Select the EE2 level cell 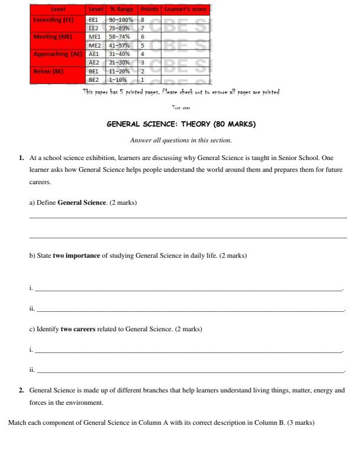coord(93,27)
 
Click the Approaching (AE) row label coord(58,54)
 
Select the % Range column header coord(122,9)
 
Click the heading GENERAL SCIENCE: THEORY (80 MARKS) coord(180,125)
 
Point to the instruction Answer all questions coord(180,140)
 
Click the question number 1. coord(22,158)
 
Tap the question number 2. coord(22,390)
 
